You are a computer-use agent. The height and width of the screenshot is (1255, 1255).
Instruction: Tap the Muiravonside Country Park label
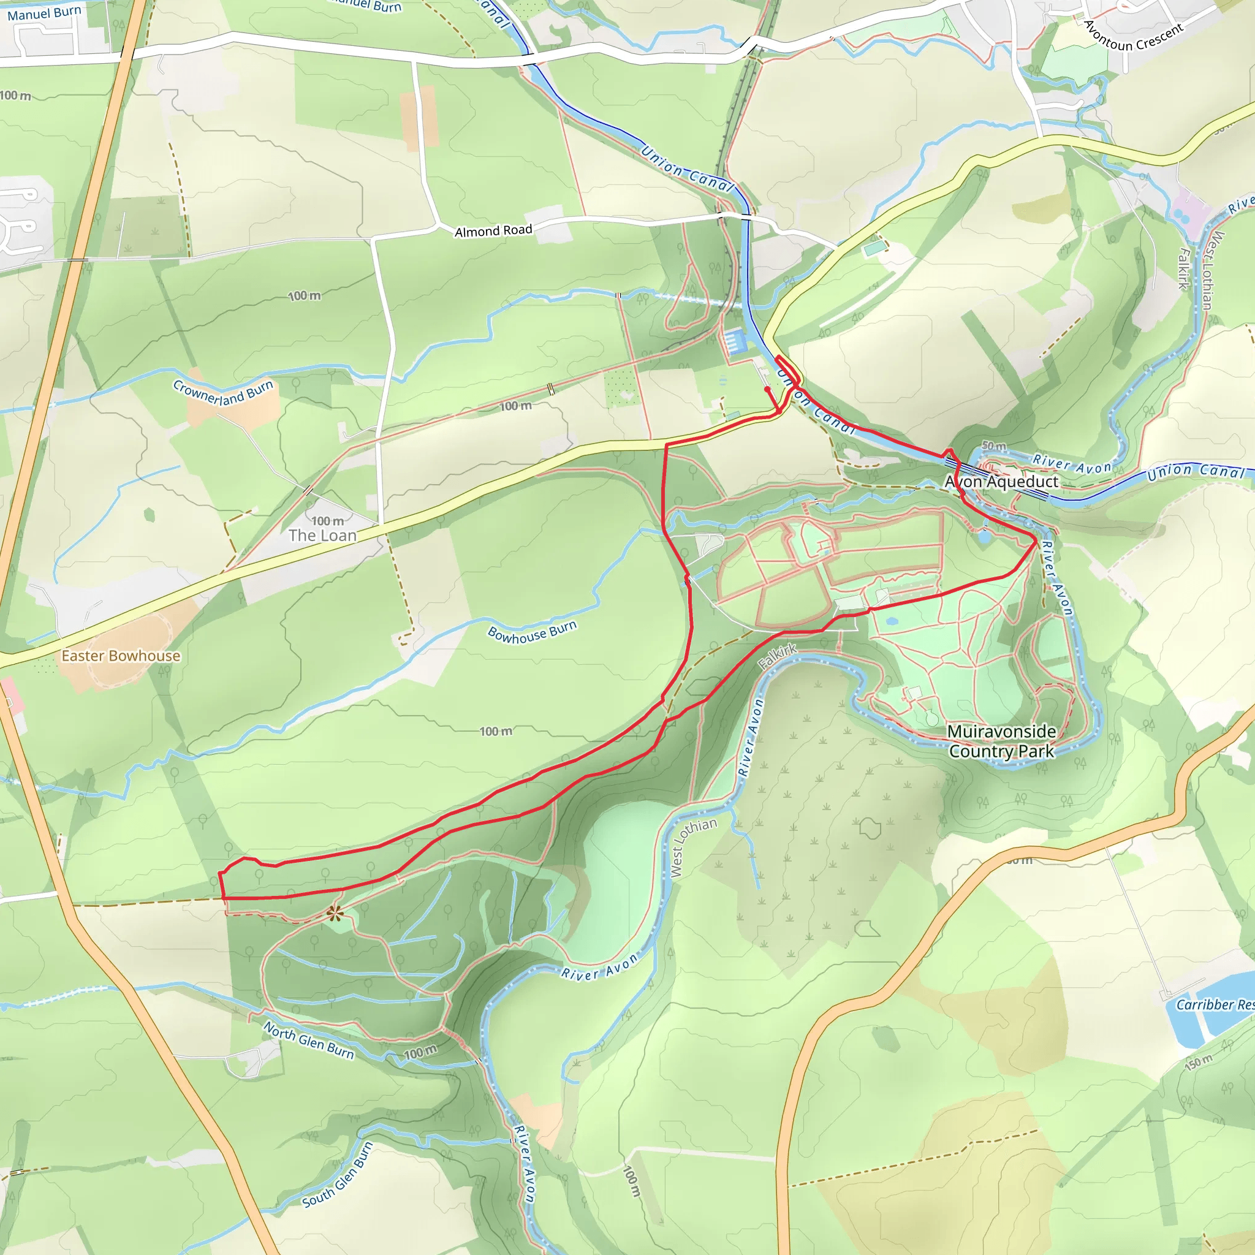(1001, 741)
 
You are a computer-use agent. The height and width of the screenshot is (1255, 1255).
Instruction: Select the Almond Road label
(493, 230)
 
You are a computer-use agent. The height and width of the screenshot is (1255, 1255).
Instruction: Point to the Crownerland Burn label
(223, 393)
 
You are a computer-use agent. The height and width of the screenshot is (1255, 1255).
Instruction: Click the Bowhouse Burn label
(532, 631)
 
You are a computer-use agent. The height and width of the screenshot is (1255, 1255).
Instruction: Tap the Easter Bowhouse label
(121, 656)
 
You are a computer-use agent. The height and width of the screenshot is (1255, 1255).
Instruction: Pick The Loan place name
(323, 535)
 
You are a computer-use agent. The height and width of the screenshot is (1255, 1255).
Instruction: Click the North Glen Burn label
(309, 1039)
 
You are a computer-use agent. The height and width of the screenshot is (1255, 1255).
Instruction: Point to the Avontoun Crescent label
(1134, 37)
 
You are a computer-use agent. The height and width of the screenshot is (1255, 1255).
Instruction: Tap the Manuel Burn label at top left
(44, 12)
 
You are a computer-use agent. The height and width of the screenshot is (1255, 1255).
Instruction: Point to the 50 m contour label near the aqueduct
(993, 446)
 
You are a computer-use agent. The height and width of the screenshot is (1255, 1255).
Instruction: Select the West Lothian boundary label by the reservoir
(693, 847)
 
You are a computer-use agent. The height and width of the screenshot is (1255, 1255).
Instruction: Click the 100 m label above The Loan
(327, 521)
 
